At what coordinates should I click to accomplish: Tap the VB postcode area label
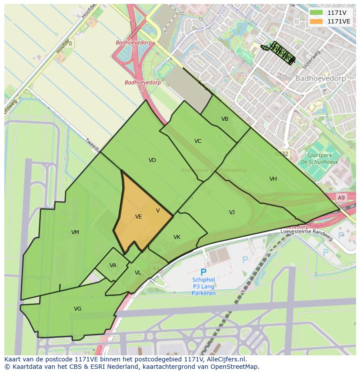225,119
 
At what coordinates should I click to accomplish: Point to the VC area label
198,141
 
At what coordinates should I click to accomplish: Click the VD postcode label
152,160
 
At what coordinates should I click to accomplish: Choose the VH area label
273,179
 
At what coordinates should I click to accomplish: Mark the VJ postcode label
232,212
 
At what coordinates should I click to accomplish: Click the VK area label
177,237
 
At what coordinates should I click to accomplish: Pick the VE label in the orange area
139,217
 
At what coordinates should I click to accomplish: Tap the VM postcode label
75,232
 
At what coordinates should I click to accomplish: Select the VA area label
113,265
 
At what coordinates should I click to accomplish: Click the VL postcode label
138,273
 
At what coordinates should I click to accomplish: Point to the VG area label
77,309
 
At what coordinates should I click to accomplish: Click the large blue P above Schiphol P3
203,273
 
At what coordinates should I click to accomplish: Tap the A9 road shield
341,198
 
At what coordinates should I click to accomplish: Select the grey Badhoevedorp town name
320,79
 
